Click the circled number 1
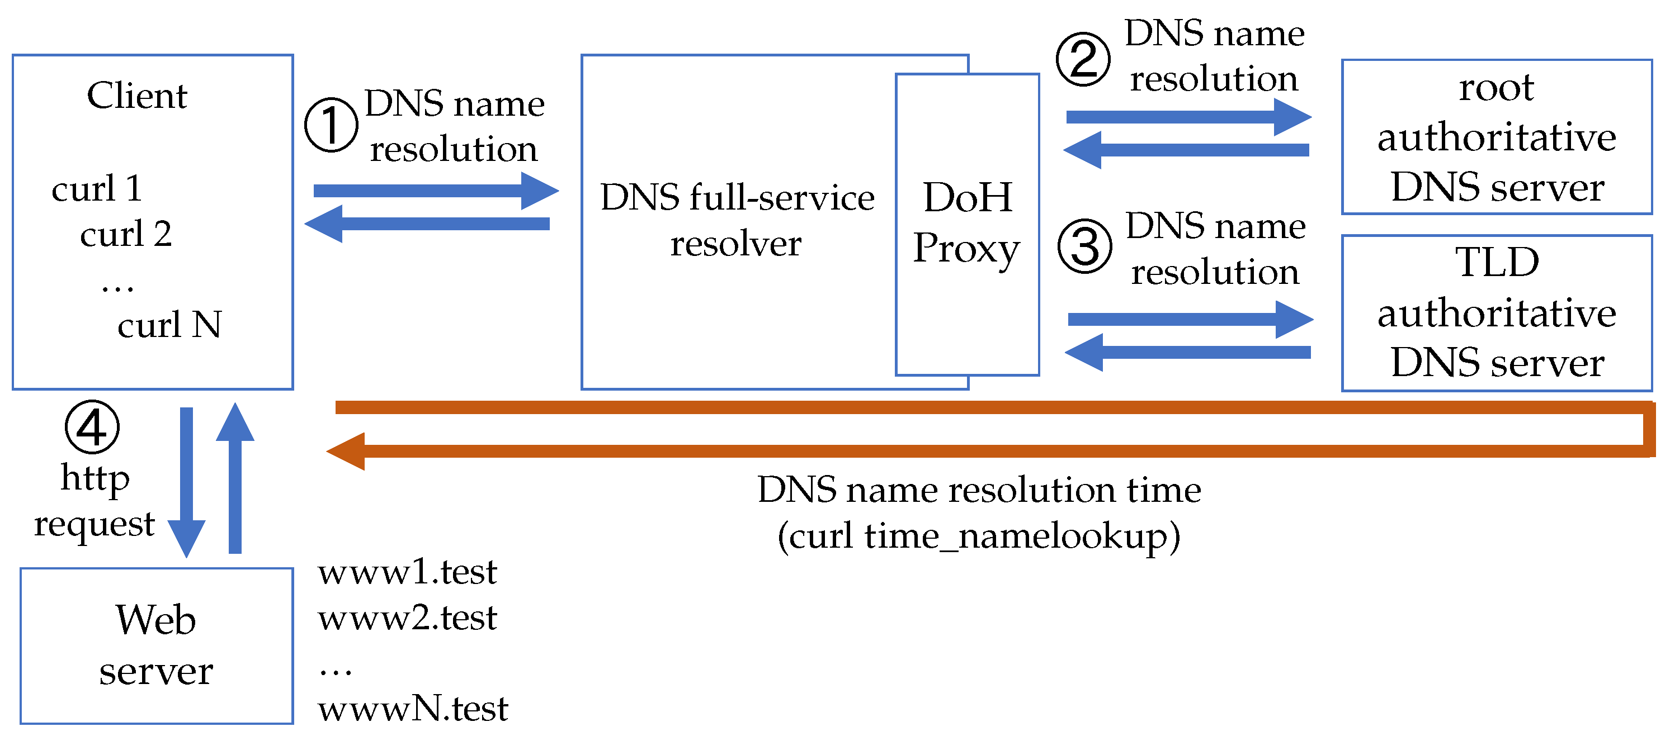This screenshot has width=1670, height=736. [x=331, y=125]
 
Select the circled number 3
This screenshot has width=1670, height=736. [x=1084, y=247]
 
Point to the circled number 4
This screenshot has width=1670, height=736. [x=92, y=427]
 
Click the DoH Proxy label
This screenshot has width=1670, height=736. [x=966, y=222]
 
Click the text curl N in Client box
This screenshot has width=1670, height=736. [x=169, y=325]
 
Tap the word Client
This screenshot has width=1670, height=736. [x=137, y=96]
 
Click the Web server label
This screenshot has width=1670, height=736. [x=155, y=645]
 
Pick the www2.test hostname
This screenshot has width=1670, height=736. [x=407, y=618]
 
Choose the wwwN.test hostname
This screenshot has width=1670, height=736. [x=413, y=708]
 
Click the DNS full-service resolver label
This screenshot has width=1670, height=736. [x=737, y=220]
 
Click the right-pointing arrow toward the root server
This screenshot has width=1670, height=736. [x=1188, y=117]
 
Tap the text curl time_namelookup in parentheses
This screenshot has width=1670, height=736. [x=979, y=536]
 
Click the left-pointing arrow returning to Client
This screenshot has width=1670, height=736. [x=428, y=224]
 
